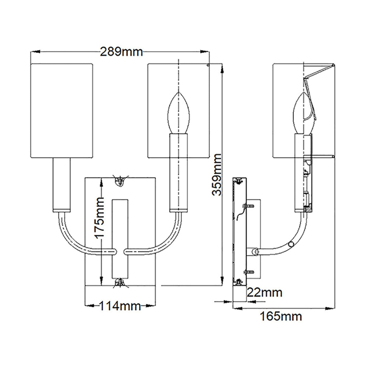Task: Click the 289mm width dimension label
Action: (121, 52)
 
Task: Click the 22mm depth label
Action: (264, 293)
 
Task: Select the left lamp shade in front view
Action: (62, 111)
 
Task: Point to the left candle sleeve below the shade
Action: (62, 184)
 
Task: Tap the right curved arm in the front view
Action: (165, 242)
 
